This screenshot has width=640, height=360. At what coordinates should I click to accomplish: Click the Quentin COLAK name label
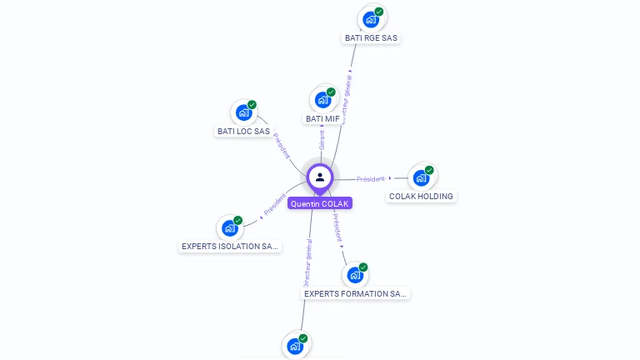(320, 203)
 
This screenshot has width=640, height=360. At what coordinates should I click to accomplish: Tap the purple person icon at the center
(320, 177)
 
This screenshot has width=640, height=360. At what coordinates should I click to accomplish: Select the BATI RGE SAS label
(372, 38)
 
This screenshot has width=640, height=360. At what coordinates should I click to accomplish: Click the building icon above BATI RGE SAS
(371, 19)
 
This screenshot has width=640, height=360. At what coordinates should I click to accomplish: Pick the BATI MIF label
(322, 118)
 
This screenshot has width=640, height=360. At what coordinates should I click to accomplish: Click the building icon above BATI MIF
(322, 99)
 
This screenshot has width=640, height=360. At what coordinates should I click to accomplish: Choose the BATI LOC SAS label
(243, 131)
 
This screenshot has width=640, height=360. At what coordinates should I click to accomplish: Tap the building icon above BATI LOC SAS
(243, 112)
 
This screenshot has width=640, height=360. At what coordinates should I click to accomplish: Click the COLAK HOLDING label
(422, 197)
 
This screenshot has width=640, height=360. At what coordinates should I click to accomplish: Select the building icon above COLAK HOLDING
(422, 177)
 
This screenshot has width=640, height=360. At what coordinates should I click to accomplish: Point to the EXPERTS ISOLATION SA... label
(231, 247)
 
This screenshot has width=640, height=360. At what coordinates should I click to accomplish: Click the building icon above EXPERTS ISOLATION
(229, 227)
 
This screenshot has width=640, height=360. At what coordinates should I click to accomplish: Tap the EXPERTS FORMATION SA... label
(356, 294)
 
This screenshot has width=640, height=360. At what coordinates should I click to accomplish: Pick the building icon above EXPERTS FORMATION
(355, 275)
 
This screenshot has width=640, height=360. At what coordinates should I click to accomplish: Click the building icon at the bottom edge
(295, 346)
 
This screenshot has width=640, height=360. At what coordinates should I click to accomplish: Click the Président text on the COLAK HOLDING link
(370, 179)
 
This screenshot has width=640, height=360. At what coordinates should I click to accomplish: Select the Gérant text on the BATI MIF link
(322, 140)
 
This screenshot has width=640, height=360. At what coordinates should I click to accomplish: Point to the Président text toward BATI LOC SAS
(282, 147)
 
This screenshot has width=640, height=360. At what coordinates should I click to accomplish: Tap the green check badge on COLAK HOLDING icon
(429, 170)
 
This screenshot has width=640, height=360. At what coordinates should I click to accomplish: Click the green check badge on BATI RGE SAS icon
(379, 12)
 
